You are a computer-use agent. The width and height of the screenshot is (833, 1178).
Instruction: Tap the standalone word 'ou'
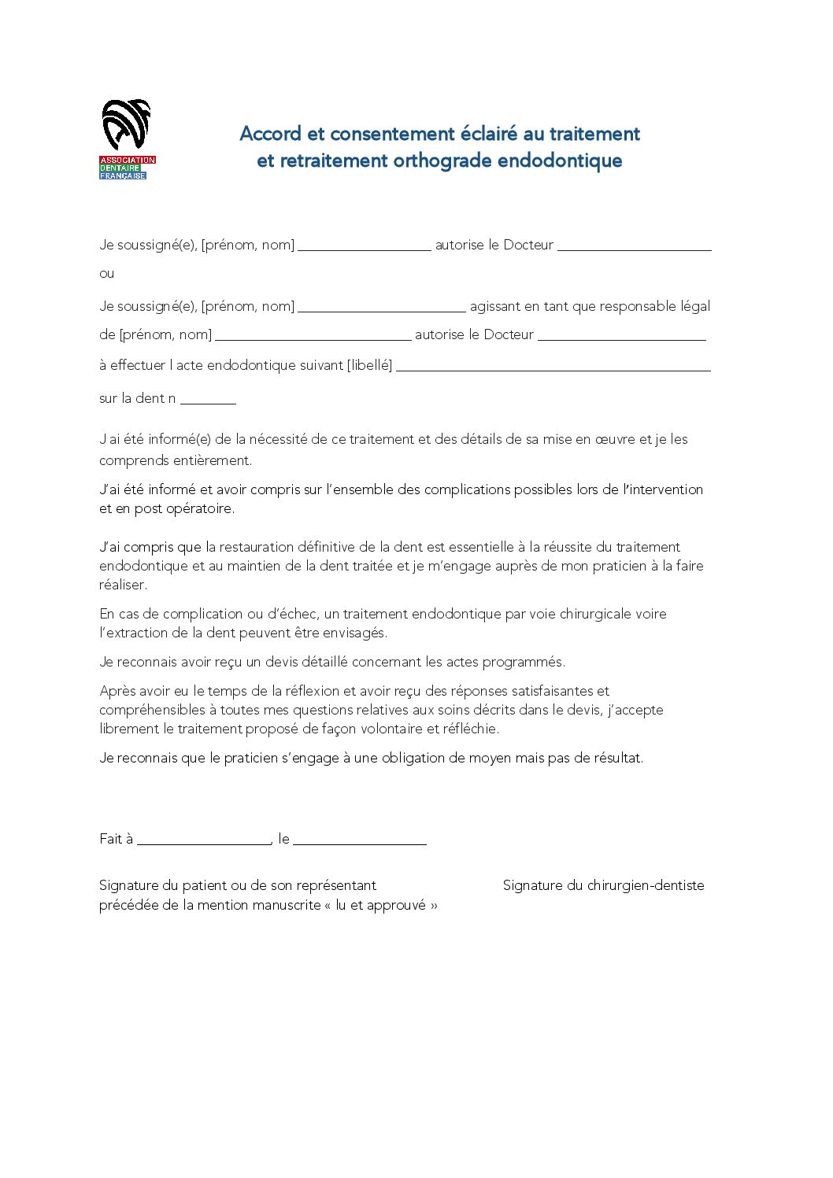[x=106, y=274]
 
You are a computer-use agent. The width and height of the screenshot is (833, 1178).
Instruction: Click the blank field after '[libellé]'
[x=553, y=367]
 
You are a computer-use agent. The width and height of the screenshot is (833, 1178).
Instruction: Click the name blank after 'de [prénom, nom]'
[x=313, y=338]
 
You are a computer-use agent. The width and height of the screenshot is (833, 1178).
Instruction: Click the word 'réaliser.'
[x=123, y=585]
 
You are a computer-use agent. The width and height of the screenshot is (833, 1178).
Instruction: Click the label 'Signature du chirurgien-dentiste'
[x=603, y=885]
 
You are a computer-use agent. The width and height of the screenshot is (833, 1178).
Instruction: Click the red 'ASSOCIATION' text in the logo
[x=127, y=160]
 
